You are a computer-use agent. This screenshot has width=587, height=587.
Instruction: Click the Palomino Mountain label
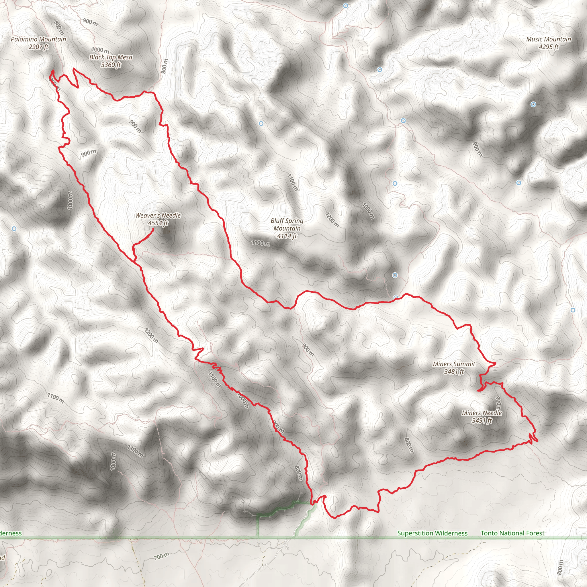(38, 39)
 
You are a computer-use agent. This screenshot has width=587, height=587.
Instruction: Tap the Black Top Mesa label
(111, 57)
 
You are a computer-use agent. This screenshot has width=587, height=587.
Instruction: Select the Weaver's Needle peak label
(158, 216)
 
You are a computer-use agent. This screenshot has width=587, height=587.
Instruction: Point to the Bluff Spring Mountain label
(287, 224)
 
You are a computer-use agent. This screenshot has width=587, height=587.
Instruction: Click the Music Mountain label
(548, 39)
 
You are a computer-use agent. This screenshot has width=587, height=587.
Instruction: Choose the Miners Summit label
(454, 364)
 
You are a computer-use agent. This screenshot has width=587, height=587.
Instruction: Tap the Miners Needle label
(482, 413)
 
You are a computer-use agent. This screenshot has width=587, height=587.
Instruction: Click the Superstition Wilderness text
(432, 533)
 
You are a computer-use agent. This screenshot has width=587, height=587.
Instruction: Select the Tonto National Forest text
(512, 533)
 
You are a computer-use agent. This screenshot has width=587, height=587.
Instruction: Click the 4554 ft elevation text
(158, 223)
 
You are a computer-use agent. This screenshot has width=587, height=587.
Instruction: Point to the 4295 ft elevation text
(548, 47)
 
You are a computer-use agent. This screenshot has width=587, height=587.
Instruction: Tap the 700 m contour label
(161, 556)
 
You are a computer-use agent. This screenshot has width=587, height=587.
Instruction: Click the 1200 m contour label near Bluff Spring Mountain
(332, 220)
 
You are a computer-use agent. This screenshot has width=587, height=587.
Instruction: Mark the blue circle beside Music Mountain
(533, 104)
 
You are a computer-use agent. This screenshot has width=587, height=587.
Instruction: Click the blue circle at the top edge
(345, 6)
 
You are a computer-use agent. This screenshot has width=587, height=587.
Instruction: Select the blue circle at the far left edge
(14, 229)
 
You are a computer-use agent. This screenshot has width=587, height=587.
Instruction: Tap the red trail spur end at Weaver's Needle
(153, 229)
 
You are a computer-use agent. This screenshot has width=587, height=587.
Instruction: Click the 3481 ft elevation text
(454, 371)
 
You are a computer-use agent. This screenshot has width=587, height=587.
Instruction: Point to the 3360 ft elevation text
(111, 65)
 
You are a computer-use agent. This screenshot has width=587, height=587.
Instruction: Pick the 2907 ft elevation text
(38, 47)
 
